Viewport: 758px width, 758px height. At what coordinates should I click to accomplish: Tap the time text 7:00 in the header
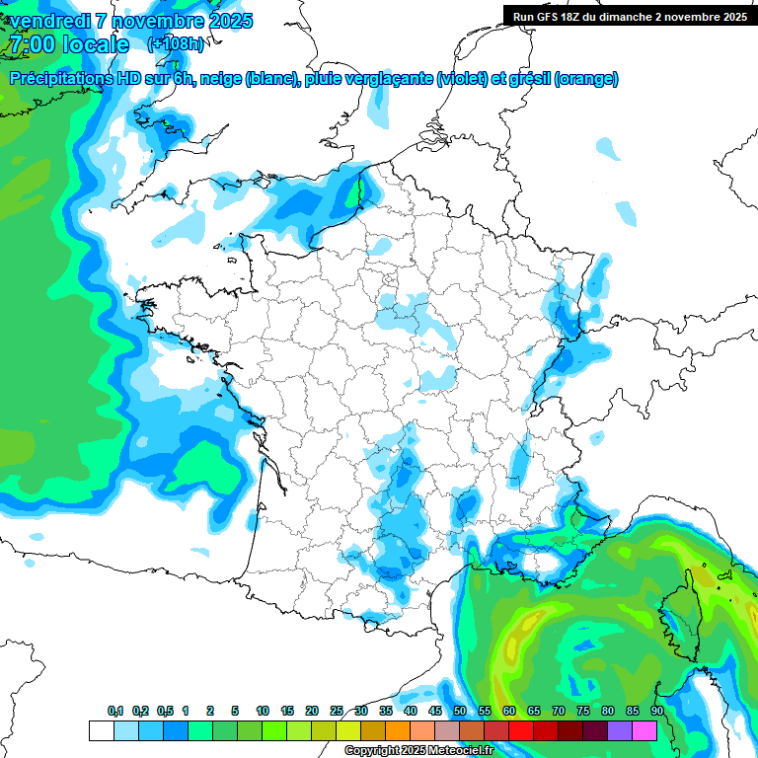coord(31,44)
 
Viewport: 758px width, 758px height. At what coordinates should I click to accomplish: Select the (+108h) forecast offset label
coord(176,44)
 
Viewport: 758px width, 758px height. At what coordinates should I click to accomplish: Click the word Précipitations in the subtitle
coord(53,79)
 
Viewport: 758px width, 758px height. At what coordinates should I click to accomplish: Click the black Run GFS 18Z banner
coord(628,17)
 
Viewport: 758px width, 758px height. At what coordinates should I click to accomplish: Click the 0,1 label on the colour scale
coord(115,711)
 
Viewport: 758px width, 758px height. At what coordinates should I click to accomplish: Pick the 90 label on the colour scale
coord(657,711)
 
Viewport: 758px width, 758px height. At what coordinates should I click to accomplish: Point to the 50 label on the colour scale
coord(460,711)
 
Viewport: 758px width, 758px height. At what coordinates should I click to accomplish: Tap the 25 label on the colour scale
coord(337,711)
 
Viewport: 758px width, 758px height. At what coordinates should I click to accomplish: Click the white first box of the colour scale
coord(101,730)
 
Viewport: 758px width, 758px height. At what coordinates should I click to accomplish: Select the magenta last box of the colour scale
coord(644,730)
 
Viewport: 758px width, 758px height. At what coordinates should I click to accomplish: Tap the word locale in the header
coord(96,44)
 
